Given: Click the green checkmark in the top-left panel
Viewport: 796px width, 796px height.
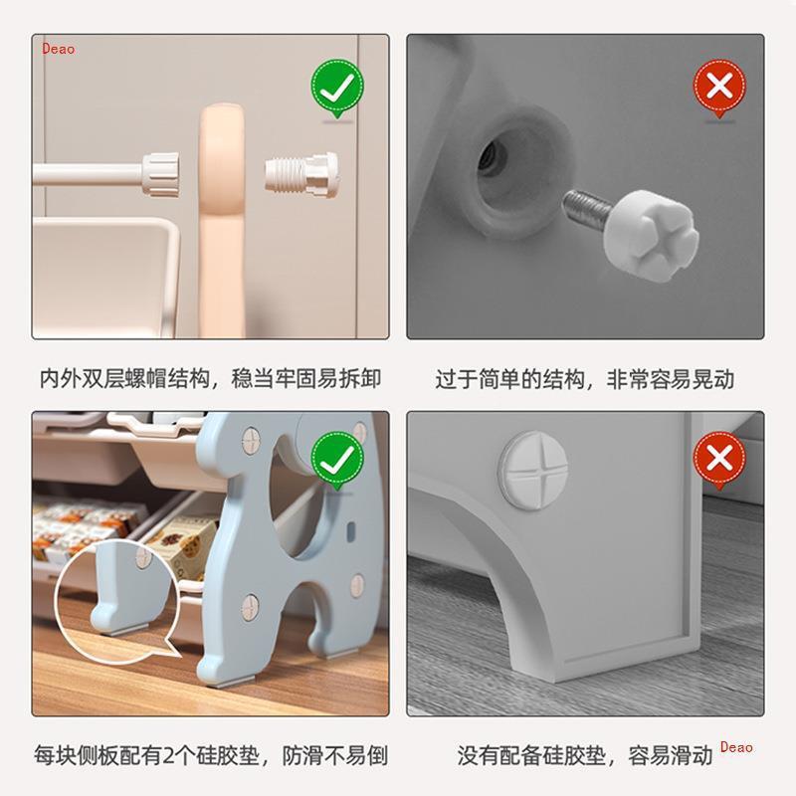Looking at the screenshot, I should (x=337, y=88).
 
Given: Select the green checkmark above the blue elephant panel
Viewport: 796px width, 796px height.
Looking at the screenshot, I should (x=337, y=459).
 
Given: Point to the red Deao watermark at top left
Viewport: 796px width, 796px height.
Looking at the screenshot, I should (x=58, y=49).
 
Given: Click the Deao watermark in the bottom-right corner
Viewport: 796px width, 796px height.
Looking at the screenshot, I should (x=736, y=748).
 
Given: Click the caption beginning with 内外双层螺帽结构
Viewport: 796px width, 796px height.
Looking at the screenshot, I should (x=210, y=379).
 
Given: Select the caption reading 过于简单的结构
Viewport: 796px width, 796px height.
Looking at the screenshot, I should (x=584, y=379).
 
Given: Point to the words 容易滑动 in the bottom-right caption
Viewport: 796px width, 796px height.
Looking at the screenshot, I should (x=671, y=755).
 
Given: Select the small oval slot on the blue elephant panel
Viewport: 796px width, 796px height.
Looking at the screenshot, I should (x=347, y=535).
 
